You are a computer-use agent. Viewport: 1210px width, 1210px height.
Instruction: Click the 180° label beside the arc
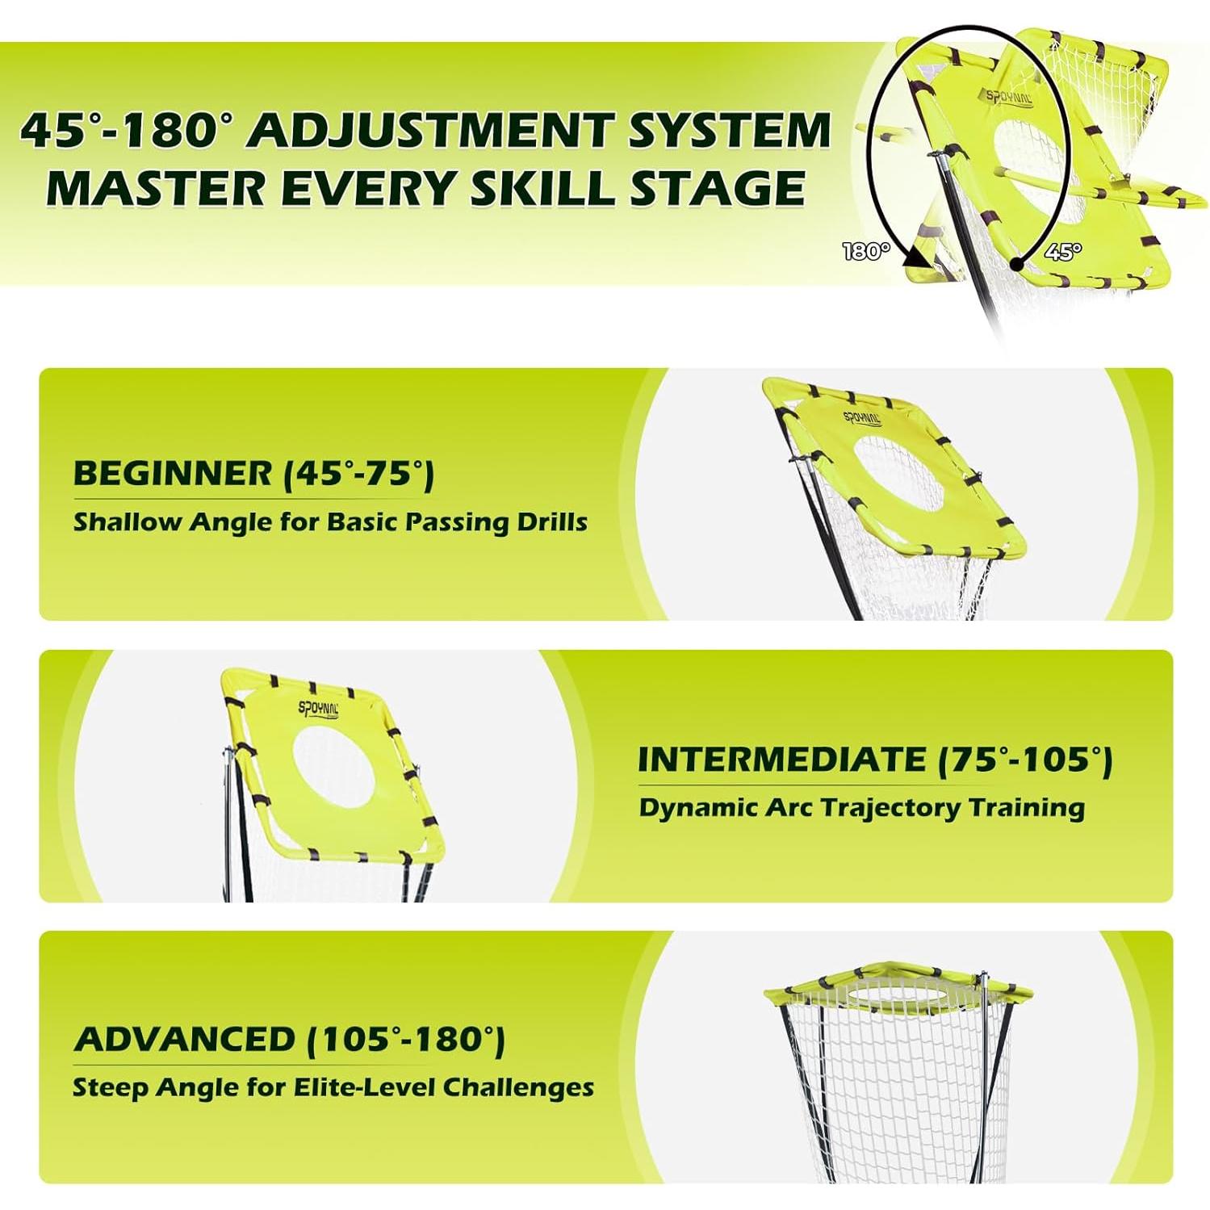tap(866, 252)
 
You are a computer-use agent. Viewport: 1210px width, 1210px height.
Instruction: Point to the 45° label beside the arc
tap(1062, 252)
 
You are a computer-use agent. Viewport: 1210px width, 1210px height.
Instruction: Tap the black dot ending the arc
tap(1018, 264)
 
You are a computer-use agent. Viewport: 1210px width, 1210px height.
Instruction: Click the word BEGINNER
tap(173, 473)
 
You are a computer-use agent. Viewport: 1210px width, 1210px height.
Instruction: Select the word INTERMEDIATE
tap(782, 760)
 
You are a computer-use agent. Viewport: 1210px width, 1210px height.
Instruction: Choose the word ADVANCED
tap(185, 1040)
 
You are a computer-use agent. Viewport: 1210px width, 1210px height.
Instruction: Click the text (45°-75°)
tap(359, 474)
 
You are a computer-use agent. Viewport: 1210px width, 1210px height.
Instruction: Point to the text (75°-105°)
tap(1026, 760)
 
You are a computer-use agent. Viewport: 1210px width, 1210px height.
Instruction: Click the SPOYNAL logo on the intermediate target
tap(319, 709)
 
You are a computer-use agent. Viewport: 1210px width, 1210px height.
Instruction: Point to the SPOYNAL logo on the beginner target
tap(863, 418)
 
